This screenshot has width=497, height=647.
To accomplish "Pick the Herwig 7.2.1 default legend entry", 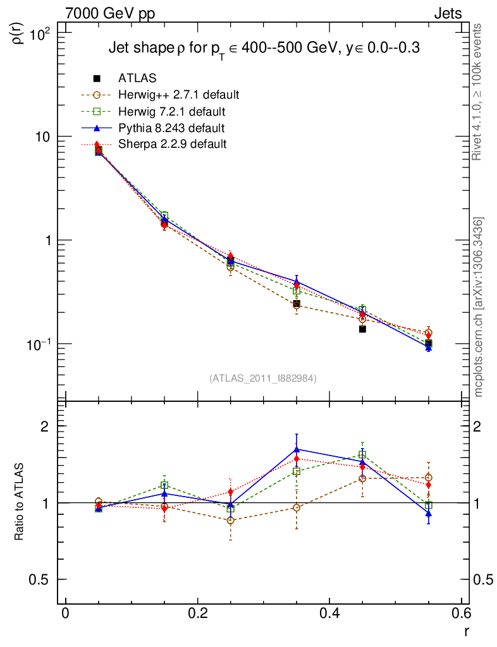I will click(x=171, y=112).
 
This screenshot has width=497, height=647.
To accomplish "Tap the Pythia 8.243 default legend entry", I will click(x=171, y=128).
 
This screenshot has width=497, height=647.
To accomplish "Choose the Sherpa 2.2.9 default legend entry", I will click(x=172, y=144).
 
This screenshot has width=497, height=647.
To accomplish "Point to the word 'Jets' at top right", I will click(x=447, y=13).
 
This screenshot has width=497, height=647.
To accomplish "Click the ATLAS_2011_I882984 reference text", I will click(x=263, y=378).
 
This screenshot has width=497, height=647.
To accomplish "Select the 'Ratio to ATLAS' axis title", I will click(x=20, y=502).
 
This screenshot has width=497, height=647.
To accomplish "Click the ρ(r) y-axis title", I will click(x=18, y=32).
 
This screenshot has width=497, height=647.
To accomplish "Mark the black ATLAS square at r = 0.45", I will click(x=362, y=329).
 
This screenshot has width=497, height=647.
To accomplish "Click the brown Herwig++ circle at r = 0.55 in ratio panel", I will click(x=429, y=478).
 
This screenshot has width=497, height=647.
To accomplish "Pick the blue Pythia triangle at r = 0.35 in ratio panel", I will click(x=297, y=449).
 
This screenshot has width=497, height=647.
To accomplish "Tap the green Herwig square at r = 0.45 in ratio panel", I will click(x=362, y=454).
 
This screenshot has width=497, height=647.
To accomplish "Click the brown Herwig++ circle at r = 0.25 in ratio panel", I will click(x=231, y=521).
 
